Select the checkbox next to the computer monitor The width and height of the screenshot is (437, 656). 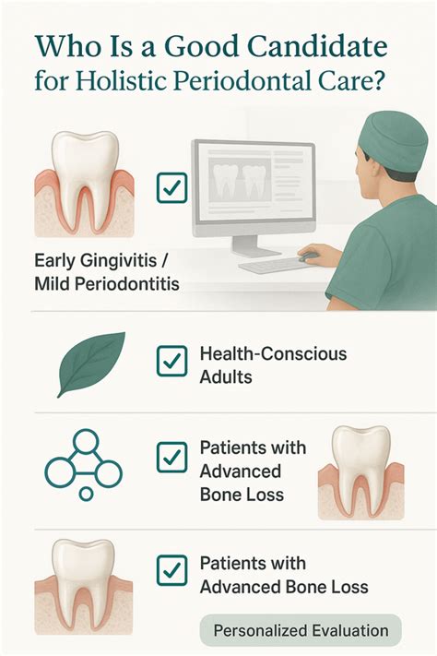[x=171, y=188]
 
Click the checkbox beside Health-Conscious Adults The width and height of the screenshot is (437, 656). [x=171, y=361]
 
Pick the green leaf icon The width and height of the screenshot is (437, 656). [x=90, y=362]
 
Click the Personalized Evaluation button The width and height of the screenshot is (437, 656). [x=301, y=630]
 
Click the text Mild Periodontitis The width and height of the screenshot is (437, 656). [x=106, y=284]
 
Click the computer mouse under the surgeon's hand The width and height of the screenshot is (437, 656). [x=308, y=256]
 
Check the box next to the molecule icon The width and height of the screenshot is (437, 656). [x=171, y=456]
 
